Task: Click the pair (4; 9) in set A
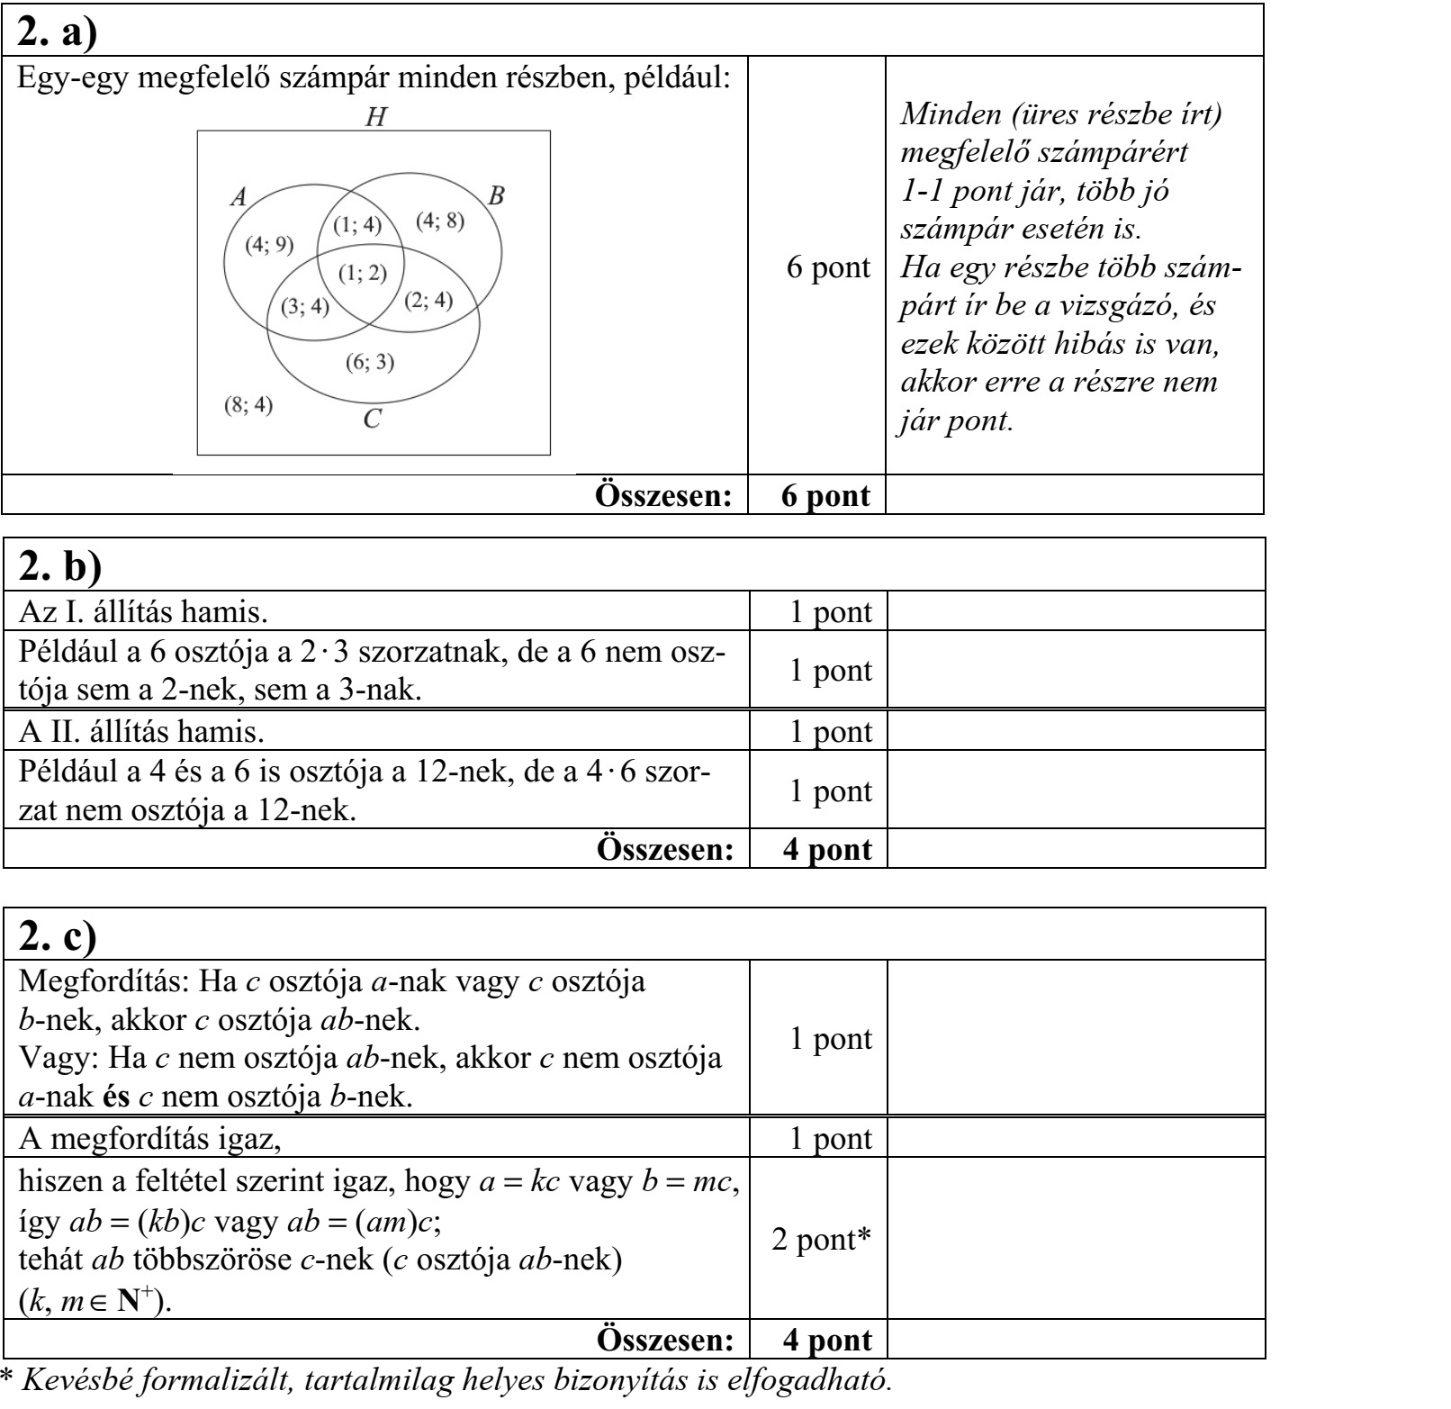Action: (268, 246)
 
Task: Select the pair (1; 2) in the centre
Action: (363, 273)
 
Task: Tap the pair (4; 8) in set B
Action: (440, 221)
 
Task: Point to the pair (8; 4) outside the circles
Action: (248, 404)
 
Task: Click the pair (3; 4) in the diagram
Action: (305, 308)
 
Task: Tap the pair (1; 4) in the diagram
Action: (358, 225)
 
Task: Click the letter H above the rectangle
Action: (374, 116)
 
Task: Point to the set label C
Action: (373, 420)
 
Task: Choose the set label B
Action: (495, 195)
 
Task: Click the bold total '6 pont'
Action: (825, 495)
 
